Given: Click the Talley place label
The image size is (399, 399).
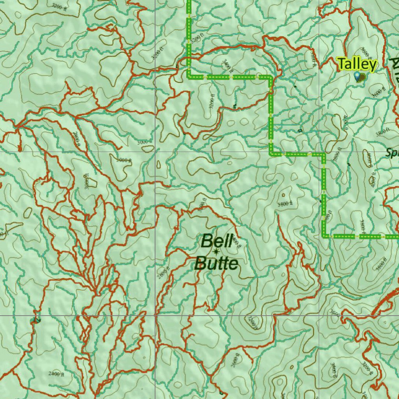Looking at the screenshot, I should click(357, 64).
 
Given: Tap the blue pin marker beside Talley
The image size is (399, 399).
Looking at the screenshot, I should click(357, 76).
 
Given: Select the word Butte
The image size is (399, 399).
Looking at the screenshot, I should click(216, 264).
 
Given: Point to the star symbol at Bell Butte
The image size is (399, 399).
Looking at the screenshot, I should click(215, 252).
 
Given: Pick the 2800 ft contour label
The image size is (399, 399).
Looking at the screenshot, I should click(76, 138).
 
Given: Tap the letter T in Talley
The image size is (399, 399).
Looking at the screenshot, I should click(343, 64).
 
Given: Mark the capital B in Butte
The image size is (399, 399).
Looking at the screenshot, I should click(201, 264).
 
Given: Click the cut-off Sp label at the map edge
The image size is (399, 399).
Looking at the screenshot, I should click(392, 153).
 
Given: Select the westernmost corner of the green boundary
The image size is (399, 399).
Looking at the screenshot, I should click(189, 76).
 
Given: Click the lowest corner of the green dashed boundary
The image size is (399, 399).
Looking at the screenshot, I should click(324, 236).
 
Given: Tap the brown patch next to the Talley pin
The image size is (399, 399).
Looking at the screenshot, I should click(362, 77).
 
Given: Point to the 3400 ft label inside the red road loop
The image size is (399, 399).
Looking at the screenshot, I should click(227, 66).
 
